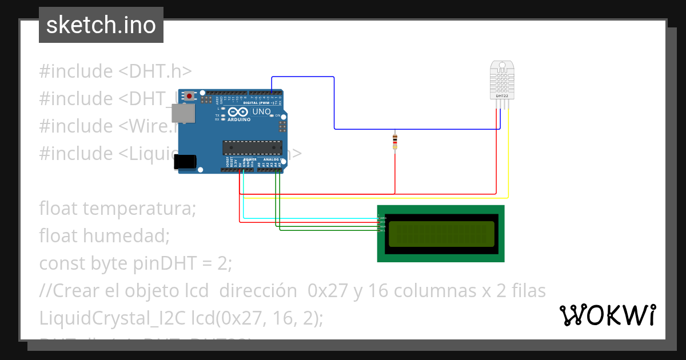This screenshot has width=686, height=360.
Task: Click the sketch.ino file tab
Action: (101, 25)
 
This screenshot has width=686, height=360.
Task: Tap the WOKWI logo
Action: (607, 315)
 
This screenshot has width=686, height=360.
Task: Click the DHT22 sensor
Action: (501, 80)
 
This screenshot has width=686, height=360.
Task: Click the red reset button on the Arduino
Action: (189, 95)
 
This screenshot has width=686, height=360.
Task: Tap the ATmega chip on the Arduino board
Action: (252, 147)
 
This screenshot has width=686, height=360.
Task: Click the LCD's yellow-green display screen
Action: (441, 234)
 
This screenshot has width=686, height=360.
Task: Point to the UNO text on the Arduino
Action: (261, 111)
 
